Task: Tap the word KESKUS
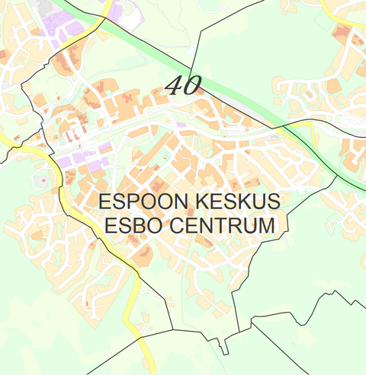[237, 202]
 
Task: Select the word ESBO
[131, 226]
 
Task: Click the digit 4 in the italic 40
[175, 84]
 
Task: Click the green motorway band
[229, 91]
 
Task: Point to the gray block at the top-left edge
[43, 6]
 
